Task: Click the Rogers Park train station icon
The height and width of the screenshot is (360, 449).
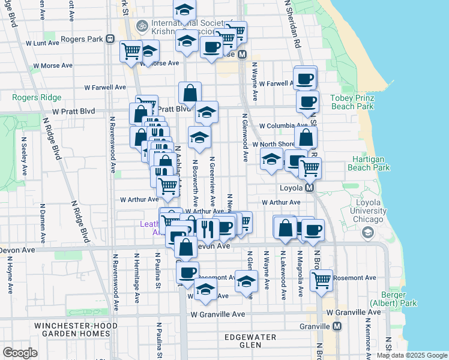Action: (110, 39)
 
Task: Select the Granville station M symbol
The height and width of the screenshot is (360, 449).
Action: (337, 326)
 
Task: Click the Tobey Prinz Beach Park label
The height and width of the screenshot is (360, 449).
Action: (352, 102)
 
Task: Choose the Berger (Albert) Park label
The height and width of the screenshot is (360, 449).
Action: (393, 299)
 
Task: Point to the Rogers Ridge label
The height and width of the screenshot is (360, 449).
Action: (37, 97)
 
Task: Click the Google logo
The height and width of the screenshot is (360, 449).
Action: (20, 353)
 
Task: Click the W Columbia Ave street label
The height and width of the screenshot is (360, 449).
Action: (284, 126)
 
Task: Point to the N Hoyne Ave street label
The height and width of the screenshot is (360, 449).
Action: (10, 276)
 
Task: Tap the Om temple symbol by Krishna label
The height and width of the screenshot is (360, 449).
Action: (142, 26)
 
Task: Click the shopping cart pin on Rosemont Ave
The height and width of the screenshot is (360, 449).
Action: (322, 279)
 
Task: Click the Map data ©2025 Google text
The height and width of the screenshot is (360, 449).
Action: (411, 355)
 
